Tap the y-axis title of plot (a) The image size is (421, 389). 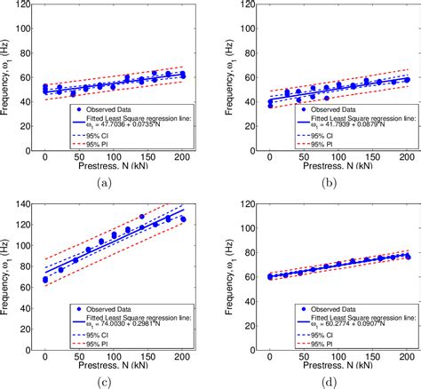point(9,79)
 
